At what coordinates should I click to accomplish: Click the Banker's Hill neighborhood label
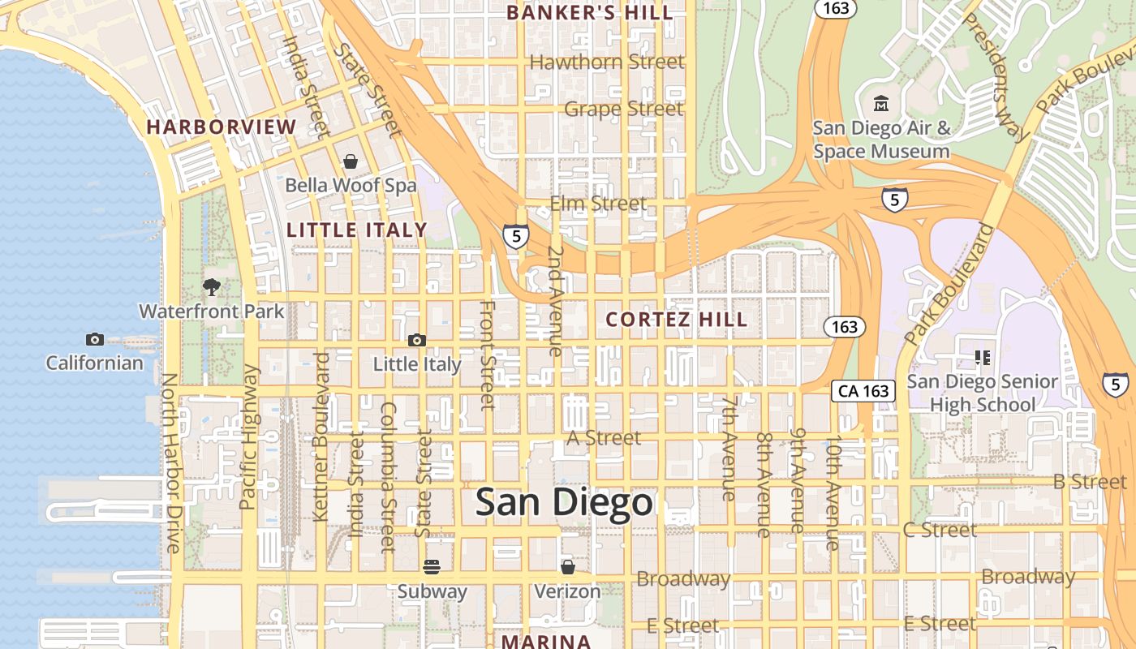tap(590, 13)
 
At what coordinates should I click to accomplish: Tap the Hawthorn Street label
tap(607, 62)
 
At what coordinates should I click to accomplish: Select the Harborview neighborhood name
tap(222, 127)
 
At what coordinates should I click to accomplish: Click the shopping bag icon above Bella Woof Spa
tap(351, 161)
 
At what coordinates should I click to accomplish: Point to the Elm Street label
tap(598, 203)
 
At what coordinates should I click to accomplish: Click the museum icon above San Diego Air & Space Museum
tap(881, 104)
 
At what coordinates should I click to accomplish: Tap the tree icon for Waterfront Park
tap(212, 286)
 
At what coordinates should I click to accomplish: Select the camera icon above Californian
tap(95, 339)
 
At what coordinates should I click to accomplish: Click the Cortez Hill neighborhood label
tap(677, 320)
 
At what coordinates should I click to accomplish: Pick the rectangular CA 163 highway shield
tap(863, 391)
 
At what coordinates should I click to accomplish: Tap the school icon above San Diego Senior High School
tap(983, 357)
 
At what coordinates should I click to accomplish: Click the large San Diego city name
tap(564, 503)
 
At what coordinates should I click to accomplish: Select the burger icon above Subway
tap(432, 566)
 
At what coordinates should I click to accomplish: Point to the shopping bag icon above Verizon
tap(568, 566)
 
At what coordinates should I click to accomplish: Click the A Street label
tap(604, 438)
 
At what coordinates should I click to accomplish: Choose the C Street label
tap(940, 531)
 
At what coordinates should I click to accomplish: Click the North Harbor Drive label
tap(170, 462)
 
